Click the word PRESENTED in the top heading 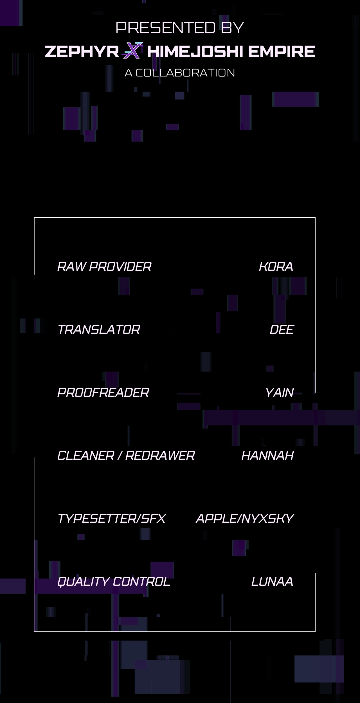[x=166, y=28]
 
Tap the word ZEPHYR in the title [x=82, y=52]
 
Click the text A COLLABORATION [x=180, y=73]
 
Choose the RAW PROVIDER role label [x=104, y=267]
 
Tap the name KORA [x=276, y=267]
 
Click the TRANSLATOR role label [x=99, y=330]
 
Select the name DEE [x=282, y=330]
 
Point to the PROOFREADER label [x=103, y=393]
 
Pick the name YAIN [x=280, y=393]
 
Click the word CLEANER [x=86, y=456]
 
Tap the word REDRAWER [x=160, y=456]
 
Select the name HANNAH [x=268, y=456]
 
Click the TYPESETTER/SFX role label [x=112, y=519]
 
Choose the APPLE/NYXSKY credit [x=245, y=519]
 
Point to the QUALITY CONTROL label [x=114, y=582]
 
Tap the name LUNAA [x=272, y=582]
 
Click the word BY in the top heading [x=232, y=28]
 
